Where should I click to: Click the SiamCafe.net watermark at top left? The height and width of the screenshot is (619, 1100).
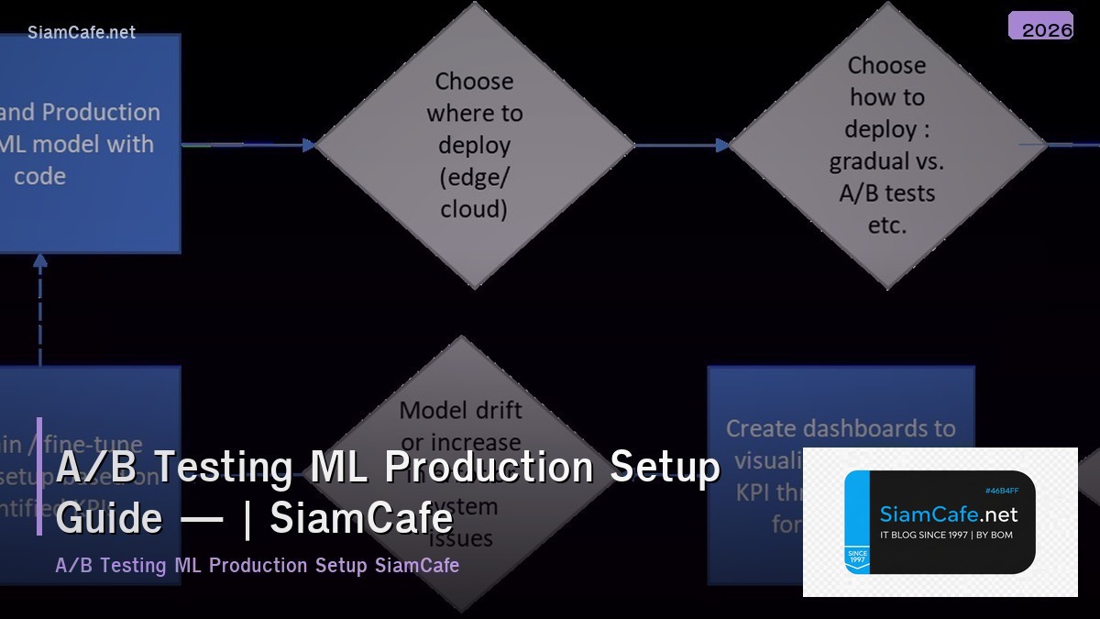point(81,32)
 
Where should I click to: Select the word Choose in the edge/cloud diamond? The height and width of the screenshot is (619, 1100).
point(474,82)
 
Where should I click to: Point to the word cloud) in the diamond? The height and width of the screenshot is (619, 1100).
point(473,209)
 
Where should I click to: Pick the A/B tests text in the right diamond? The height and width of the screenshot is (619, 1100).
point(886,193)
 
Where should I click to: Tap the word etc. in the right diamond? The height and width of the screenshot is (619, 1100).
point(886,225)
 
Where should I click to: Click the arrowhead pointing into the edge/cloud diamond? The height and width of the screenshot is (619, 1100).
point(309,145)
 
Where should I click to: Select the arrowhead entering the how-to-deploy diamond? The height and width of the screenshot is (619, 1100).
point(722,145)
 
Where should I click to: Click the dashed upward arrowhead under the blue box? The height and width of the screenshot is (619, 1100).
point(40,261)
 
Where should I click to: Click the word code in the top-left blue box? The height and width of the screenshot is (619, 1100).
point(39,176)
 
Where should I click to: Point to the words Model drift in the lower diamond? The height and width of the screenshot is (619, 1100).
point(460,410)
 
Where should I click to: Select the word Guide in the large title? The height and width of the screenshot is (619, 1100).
point(108,518)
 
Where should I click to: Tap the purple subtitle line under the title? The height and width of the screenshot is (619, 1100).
point(257,565)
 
